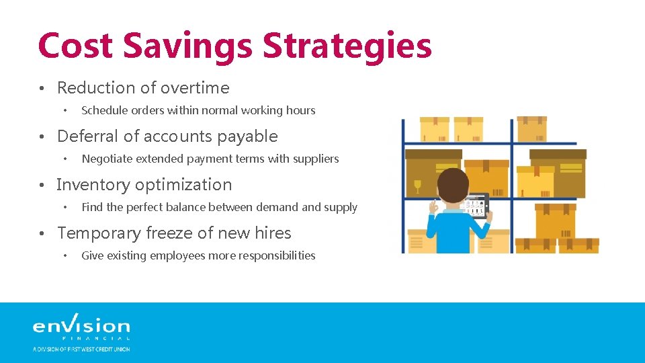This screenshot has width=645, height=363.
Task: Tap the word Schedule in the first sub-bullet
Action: point(103,110)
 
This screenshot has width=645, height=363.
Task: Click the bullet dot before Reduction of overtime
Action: point(42,89)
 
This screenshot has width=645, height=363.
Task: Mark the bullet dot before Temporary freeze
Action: point(42,234)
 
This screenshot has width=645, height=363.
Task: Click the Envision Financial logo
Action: point(81,330)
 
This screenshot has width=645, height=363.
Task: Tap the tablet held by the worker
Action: point(476,206)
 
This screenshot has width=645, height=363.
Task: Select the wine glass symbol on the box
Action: point(417,184)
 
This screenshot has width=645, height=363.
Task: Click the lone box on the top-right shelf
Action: point(531,129)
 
